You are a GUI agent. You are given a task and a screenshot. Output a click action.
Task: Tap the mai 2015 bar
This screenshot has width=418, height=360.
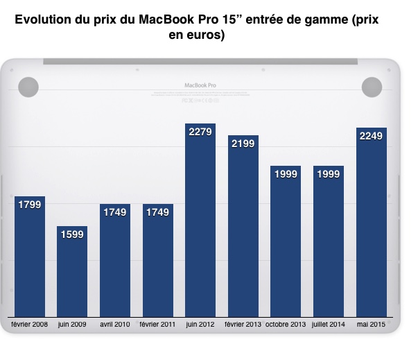coord(372,229)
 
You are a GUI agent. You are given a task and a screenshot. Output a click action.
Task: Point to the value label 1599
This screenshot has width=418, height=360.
coord(72,235)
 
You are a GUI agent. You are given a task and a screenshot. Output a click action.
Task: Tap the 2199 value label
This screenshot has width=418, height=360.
coord(243,145)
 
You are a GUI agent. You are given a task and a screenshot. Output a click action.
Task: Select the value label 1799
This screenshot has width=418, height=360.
coord(29,205)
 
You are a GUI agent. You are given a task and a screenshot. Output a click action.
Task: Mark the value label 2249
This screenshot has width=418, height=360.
coord(372,137)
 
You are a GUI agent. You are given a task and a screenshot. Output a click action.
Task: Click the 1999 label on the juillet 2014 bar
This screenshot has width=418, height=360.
coord(329,175)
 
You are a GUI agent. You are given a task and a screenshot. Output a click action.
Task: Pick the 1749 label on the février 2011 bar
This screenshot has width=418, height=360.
coord(157,213)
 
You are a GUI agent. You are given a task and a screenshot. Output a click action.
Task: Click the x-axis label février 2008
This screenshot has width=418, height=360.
coord(29,325)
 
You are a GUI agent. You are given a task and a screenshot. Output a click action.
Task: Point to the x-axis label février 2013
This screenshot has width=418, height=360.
coord(243,325)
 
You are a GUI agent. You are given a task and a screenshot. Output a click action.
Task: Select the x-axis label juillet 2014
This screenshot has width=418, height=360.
coord(329,325)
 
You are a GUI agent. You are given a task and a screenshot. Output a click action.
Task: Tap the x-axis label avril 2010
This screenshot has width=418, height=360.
coord(115,325)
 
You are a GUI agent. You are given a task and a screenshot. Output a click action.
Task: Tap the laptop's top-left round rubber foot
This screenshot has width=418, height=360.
coord(28,87)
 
